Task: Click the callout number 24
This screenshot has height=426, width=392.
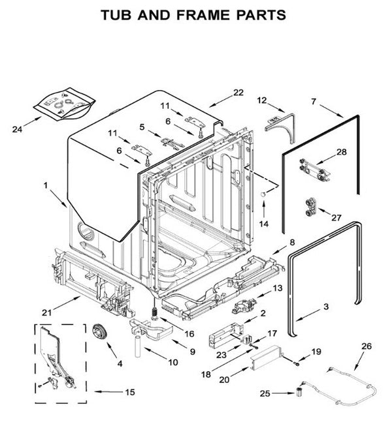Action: point(18,129)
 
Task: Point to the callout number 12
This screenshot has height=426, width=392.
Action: point(262,100)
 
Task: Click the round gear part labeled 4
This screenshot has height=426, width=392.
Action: point(101,331)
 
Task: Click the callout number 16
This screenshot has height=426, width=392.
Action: point(189,333)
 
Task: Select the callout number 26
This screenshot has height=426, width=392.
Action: point(366,346)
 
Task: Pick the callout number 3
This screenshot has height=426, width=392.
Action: point(325,305)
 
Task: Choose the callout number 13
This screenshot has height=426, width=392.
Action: point(277,288)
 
